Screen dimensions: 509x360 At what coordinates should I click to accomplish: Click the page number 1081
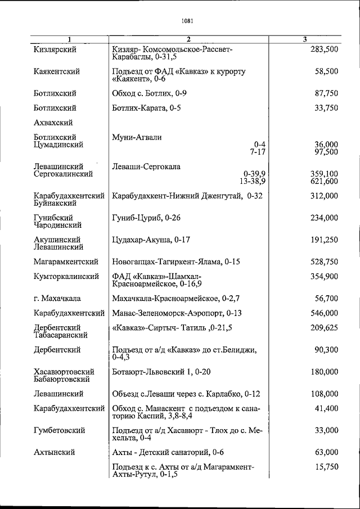coord(188,22)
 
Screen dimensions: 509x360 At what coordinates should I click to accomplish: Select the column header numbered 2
coord(189,39)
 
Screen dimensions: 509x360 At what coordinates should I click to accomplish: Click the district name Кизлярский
coord(55,49)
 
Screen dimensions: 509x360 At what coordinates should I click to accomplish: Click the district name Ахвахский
coord(53,122)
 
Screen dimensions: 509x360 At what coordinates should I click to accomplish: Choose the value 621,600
coord(324,182)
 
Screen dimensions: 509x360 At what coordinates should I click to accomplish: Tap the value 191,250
coord(324,240)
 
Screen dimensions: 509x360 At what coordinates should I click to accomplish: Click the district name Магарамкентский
coord(66,262)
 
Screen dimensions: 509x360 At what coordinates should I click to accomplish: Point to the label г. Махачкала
coord(57,298)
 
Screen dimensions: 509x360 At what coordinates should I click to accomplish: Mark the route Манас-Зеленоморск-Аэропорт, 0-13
coord(177,313)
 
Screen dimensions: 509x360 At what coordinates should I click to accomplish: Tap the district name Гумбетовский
coord(59,430)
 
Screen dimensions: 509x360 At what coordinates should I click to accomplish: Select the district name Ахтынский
coord(54,452)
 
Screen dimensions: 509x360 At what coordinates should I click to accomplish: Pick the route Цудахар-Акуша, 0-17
coord(151,240)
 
